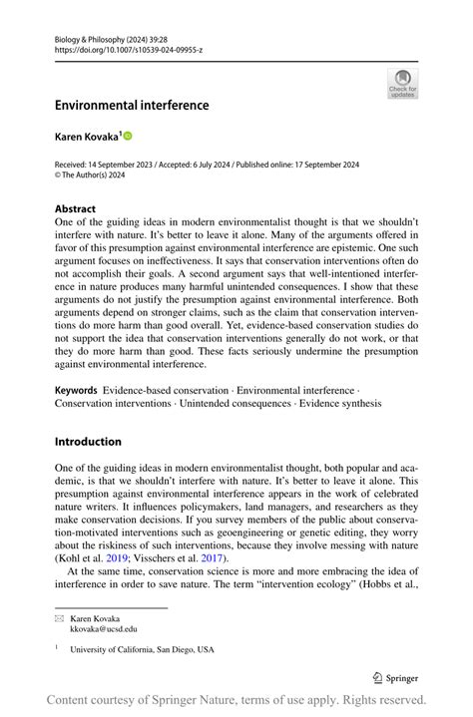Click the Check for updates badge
[x=402, y=83]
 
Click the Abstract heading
[x=76, y=209]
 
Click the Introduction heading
[x=88, y=442]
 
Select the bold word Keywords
[x=76, y=390]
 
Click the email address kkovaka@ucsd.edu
[x=104, y=629]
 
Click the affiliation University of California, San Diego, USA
[x=142, y=649]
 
